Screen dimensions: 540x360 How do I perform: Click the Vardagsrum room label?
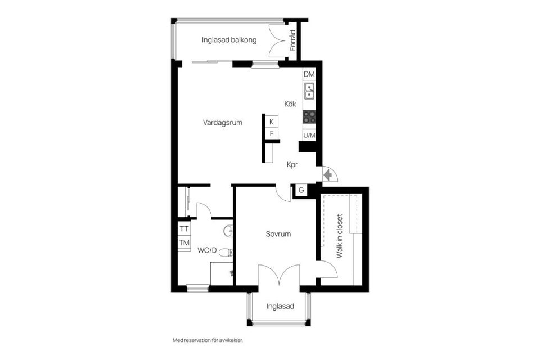[223, 123]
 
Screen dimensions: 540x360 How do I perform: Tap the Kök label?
[290, 103]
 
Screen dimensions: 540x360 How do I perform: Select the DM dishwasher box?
[309, 74]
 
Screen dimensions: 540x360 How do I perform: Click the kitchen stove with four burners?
[309, 117]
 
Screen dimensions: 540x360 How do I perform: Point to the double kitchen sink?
[309, 91]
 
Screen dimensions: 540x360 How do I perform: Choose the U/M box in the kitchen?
[309, 135]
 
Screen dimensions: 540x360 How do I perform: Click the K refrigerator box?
[272, 121]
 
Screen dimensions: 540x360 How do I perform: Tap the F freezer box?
[272, 133]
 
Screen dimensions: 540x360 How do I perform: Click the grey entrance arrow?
[328, 175]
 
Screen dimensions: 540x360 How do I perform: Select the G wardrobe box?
[301, 190]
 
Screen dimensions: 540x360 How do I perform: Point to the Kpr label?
[292, 165]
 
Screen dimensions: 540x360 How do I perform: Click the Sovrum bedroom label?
[278, 234]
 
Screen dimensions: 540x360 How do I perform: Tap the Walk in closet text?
[340, 236]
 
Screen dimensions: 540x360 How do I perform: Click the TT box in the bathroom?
[184, 229]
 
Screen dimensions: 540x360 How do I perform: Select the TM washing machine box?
[184, 242]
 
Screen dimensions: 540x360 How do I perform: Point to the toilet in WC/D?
[226, 253]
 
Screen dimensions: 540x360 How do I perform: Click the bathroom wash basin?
[228, 231]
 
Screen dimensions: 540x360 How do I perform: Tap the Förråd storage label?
[292, 40]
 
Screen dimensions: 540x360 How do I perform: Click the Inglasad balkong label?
[229, 40]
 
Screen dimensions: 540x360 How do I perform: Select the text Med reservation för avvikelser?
[208, 340]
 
